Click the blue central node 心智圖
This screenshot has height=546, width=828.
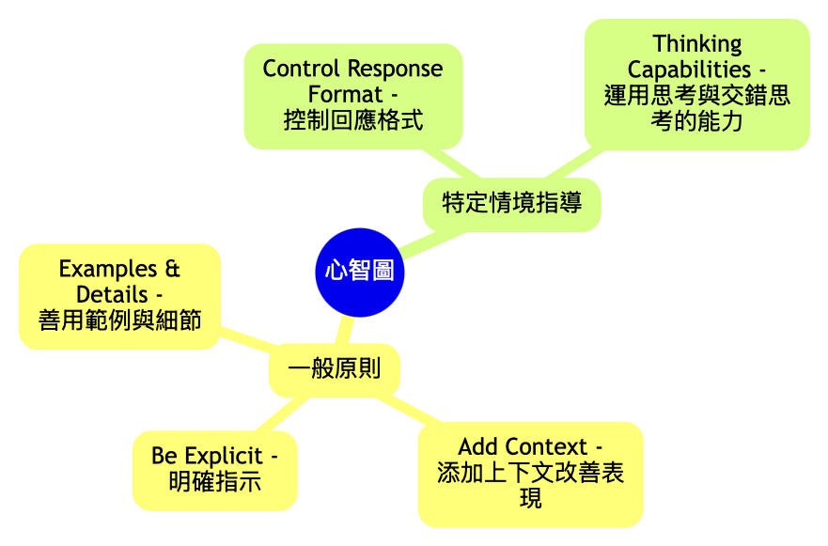tap(359, 272)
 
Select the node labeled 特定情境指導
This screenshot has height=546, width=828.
tap(511, 202)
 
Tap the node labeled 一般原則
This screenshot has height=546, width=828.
tap(334, 368)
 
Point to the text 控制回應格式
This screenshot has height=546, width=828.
tap(352, 120)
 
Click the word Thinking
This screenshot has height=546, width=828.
tap(696, 43)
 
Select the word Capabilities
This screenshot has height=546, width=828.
tap(689, 70)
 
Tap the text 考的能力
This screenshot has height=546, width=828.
tap(696, 121)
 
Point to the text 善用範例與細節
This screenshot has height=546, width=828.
tap(119, 320)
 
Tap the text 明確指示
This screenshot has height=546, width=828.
tap(214, 482)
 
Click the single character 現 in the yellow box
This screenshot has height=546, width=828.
tap(530, 498)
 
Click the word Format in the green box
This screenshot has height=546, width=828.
tap(345, 95)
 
